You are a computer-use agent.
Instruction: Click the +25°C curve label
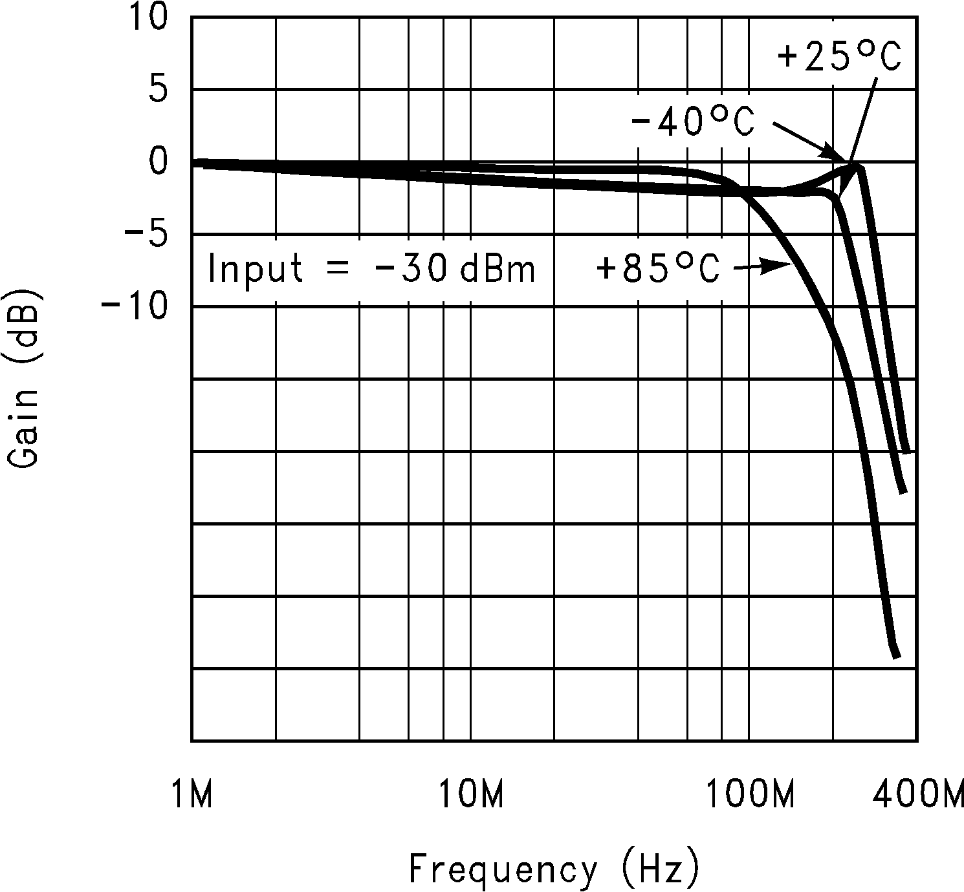tap(838, 58)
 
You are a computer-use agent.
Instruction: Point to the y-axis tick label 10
tap(148, 17)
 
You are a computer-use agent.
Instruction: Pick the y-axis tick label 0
tap(158, 162)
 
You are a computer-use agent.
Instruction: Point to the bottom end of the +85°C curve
tap(896, 656)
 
